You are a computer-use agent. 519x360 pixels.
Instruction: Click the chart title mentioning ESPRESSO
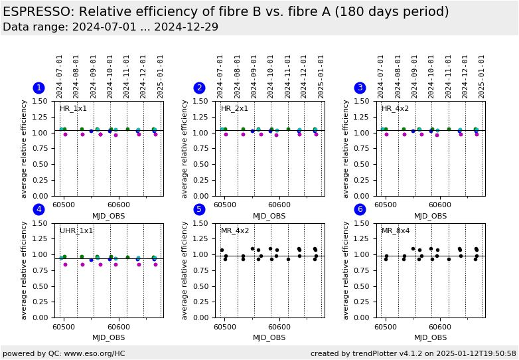(x=226, y=12)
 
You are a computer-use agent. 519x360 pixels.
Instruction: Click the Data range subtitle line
(x=110, y=27)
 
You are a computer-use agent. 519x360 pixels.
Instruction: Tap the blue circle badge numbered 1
(x=38, y=88)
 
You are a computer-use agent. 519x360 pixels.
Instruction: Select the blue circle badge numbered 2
(x=199, y=88)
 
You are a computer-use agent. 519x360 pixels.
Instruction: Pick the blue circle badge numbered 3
(x=360, y=88)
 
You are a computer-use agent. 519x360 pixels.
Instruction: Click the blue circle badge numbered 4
(x=38, y=209)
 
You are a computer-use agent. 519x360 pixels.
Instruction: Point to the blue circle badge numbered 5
(x=199, y=209)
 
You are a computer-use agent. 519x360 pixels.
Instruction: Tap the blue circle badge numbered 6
(x=360, y=209)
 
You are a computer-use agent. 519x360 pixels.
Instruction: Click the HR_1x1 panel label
(x=73, y=109)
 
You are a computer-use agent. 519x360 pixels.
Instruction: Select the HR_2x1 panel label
(x=234, y=109)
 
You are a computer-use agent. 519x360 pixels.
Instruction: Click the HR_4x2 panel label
(x=395, y=109)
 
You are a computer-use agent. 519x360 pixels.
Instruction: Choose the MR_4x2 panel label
(x=235, y=230)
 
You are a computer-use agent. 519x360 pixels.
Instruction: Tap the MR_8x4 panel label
(x=396, y=230)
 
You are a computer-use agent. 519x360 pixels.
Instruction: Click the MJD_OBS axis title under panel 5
(x=269, y=337)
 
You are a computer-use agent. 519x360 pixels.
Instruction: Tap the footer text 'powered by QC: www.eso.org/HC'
(x=64, y=353)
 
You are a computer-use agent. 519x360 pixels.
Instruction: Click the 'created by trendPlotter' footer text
(x=413, y=353)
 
